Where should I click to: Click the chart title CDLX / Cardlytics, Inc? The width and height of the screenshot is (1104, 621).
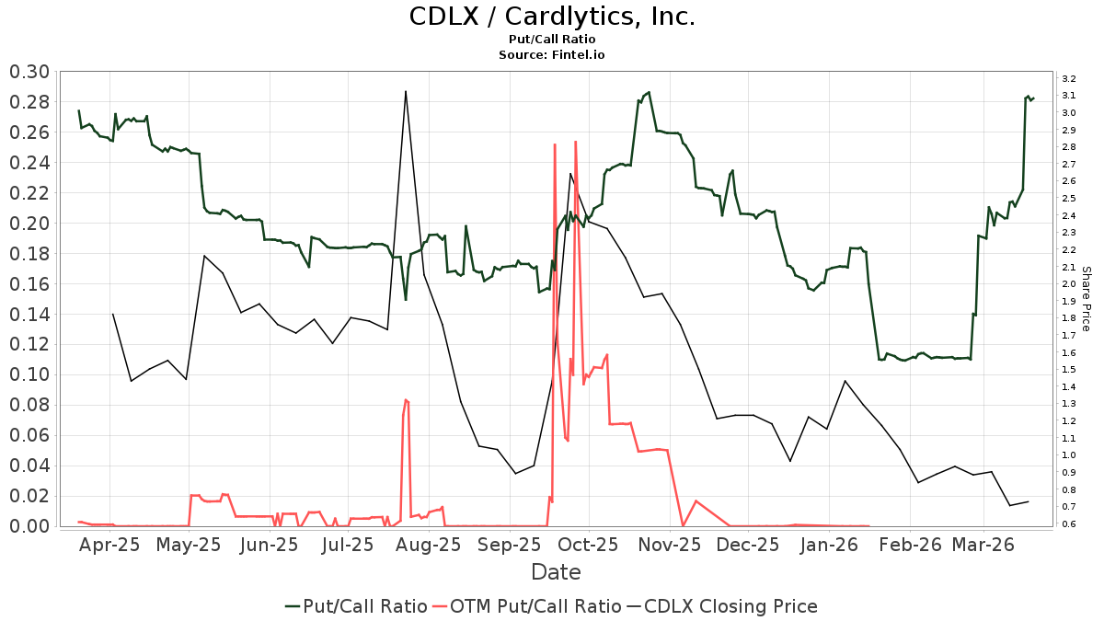click(551, 17)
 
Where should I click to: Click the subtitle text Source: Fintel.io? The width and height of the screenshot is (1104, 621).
click(551, 55)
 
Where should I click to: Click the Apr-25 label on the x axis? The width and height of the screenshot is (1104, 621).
click(110, 545)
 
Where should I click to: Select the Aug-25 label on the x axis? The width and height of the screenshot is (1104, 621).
click(429, 545)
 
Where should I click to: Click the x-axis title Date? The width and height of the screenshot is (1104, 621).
click(556, 572)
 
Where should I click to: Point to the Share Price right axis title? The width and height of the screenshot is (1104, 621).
click(1087, 299)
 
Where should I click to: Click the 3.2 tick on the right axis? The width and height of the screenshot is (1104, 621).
click(1069, 78)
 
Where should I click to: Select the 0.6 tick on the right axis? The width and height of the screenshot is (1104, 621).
click(1069, 524)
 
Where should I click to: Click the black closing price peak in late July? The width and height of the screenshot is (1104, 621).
click(406, 91)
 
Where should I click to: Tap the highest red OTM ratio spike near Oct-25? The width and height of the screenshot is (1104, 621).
click(575, 142)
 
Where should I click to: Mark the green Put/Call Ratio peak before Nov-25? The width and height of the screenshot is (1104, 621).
click(649, 92)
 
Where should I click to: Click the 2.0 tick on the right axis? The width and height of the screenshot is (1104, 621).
click(1069, 284)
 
